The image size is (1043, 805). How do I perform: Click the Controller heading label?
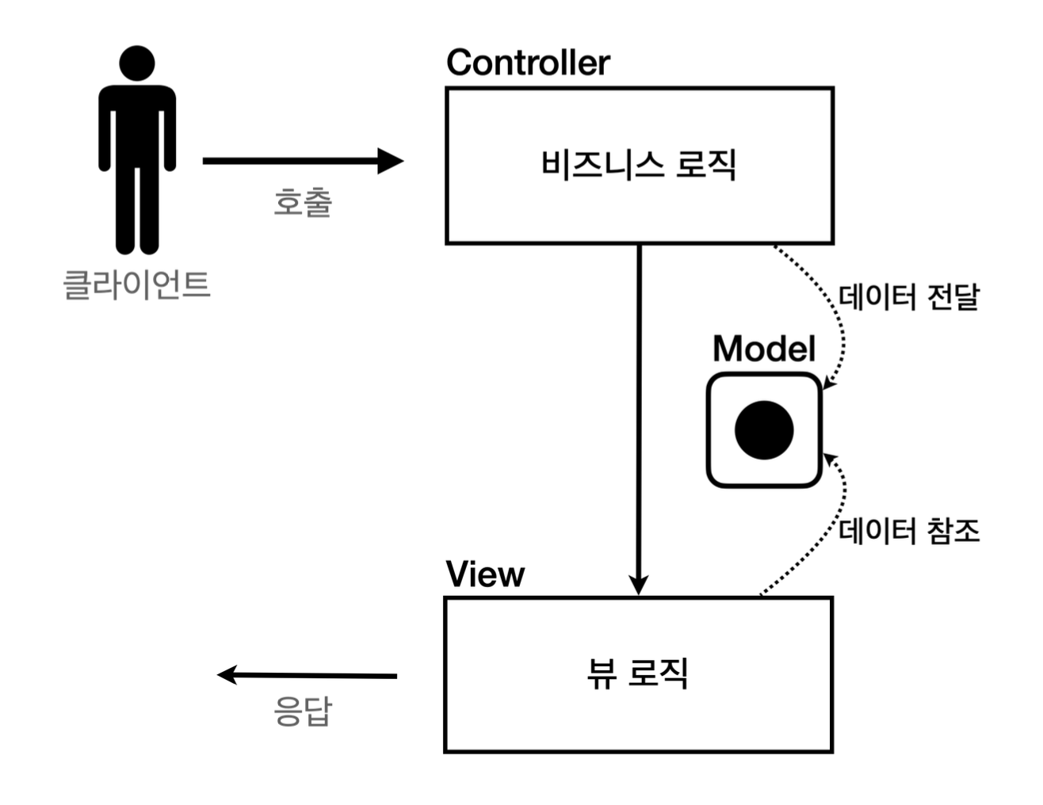click(x=528, y=63)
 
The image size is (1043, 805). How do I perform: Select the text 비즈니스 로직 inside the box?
click(x=639, y=165)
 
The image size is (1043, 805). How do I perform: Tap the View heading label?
click(x=485, y=574)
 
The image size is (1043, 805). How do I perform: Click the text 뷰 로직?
click(x=638, y=673)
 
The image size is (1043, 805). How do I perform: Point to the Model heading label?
click(x=763, y=349)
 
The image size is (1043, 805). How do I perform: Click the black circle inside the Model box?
click(x=764, y=430)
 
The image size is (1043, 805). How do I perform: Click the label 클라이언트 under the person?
click(x=136, y=284)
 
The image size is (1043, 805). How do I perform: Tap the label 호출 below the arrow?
click(x=303, y=202)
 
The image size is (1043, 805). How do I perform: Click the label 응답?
click(x=303, y=712)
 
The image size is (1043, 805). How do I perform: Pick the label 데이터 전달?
click(x=909, y=297)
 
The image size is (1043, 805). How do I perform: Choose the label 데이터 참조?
click(x=909, y=530)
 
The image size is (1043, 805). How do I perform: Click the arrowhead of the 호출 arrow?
click(x=390, y=161)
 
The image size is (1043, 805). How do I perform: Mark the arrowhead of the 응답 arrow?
click(x=228, y=675)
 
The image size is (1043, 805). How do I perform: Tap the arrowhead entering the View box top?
click(x=639, y=585)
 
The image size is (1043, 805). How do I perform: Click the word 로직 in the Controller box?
click(x=705, y=165)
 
